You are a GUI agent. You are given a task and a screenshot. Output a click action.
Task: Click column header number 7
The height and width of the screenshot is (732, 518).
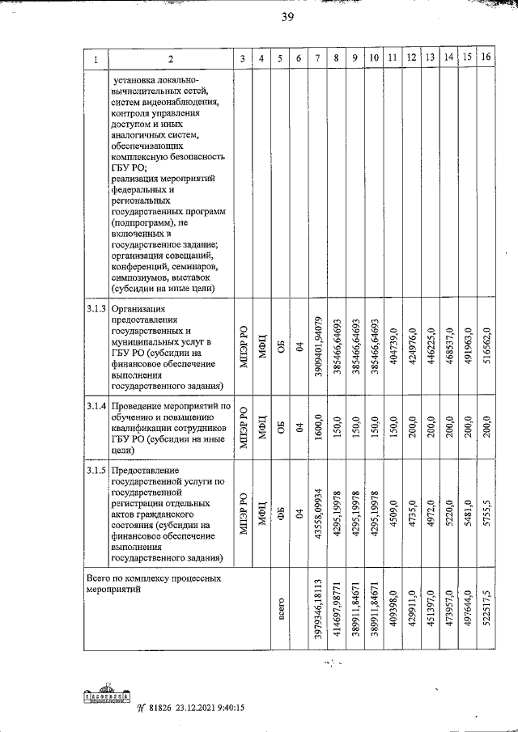point(317,57)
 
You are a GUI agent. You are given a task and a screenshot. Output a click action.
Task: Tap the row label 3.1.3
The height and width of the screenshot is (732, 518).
point(96,309)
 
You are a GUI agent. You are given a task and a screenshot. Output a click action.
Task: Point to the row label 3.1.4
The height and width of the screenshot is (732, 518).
point(96,405)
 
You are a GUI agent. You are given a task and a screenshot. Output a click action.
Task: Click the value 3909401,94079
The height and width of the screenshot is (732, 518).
point(318,348)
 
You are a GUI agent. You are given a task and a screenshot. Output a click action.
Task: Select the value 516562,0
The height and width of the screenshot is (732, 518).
point(486,348)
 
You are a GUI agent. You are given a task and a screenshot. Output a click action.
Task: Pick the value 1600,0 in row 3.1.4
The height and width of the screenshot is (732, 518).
point(318,429)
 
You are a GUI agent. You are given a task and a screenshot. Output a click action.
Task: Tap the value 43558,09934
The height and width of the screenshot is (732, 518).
point(318,516)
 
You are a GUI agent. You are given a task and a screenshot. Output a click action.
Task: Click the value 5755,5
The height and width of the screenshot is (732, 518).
point(486,516)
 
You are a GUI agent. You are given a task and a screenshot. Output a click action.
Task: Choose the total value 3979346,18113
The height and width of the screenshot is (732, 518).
point(318,611)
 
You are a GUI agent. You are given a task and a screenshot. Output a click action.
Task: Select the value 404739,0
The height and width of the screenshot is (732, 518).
point(393,348)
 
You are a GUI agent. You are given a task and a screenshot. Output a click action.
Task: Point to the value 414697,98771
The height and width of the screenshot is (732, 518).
point(337,611)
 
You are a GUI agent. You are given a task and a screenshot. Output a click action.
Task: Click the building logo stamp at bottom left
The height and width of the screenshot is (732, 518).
point(108,696)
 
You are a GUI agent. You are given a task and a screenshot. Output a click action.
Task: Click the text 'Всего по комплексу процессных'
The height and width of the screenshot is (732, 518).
point(152,580)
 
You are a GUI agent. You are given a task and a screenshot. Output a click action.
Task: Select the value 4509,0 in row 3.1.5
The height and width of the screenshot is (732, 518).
point(393,516)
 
